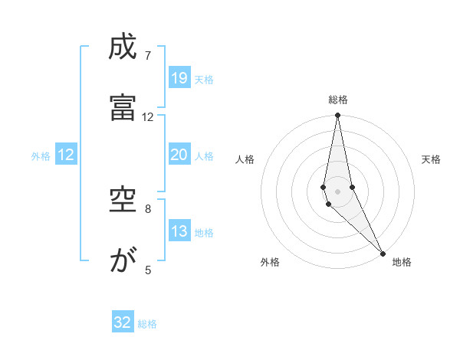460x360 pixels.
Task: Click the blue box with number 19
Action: pos(179,77)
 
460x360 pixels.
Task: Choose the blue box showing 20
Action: pos(179,155)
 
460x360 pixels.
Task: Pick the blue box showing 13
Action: pos(179,231)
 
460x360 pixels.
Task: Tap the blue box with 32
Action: pos(123,322)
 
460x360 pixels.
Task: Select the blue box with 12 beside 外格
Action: pos(66,155)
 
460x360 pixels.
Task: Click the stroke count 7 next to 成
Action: pos(148,56)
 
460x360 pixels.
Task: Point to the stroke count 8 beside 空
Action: pos(148,208)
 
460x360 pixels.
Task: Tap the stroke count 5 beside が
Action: pos(148,269)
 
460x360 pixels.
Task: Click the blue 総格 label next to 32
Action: pos(147,324)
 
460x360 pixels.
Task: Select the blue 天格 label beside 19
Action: pos(204,79)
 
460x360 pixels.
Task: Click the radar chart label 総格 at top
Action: pos(338,100)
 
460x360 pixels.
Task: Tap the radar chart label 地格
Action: pos(402,262)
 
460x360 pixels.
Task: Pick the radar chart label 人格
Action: pos(245,159)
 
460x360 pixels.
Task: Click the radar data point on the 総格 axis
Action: pos(337,116)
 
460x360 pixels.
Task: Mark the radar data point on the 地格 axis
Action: pos(383,254)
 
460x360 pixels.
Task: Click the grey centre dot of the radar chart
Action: pos(337,191)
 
